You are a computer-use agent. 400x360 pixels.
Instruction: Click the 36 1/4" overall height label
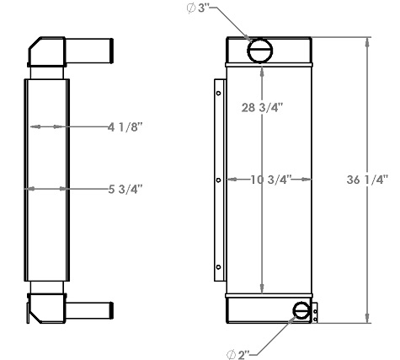click(x=366, y=180)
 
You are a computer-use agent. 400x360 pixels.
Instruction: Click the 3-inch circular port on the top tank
click(x=259, y=51)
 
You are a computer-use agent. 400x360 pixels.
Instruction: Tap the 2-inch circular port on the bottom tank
click(x=301, y=312)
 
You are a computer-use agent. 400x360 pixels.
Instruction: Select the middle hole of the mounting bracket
click(x=219, y=180)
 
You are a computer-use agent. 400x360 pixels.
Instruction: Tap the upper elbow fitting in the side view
click(x=46, y=53)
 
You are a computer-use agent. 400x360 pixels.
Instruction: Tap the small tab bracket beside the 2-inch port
click(x=316, y=313)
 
